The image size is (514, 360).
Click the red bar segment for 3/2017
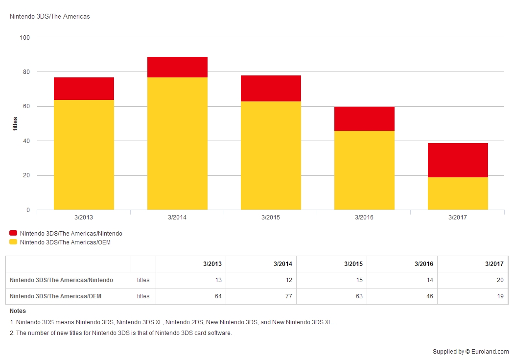458,160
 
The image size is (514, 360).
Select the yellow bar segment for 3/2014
177,144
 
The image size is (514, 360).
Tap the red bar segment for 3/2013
84,89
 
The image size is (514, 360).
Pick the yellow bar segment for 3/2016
364,170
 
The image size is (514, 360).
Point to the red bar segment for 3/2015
271,89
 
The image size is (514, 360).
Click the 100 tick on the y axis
25,38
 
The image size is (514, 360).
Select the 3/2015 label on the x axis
271,217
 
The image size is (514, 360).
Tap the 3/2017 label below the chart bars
458,217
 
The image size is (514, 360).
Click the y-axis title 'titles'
15,123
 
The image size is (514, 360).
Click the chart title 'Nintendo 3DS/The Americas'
50,17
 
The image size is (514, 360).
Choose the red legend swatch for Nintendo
13,234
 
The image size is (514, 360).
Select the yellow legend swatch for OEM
13,242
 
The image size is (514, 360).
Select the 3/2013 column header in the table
212,264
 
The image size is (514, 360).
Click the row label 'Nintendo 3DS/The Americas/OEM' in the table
56,296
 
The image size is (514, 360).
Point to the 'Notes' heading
18,311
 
